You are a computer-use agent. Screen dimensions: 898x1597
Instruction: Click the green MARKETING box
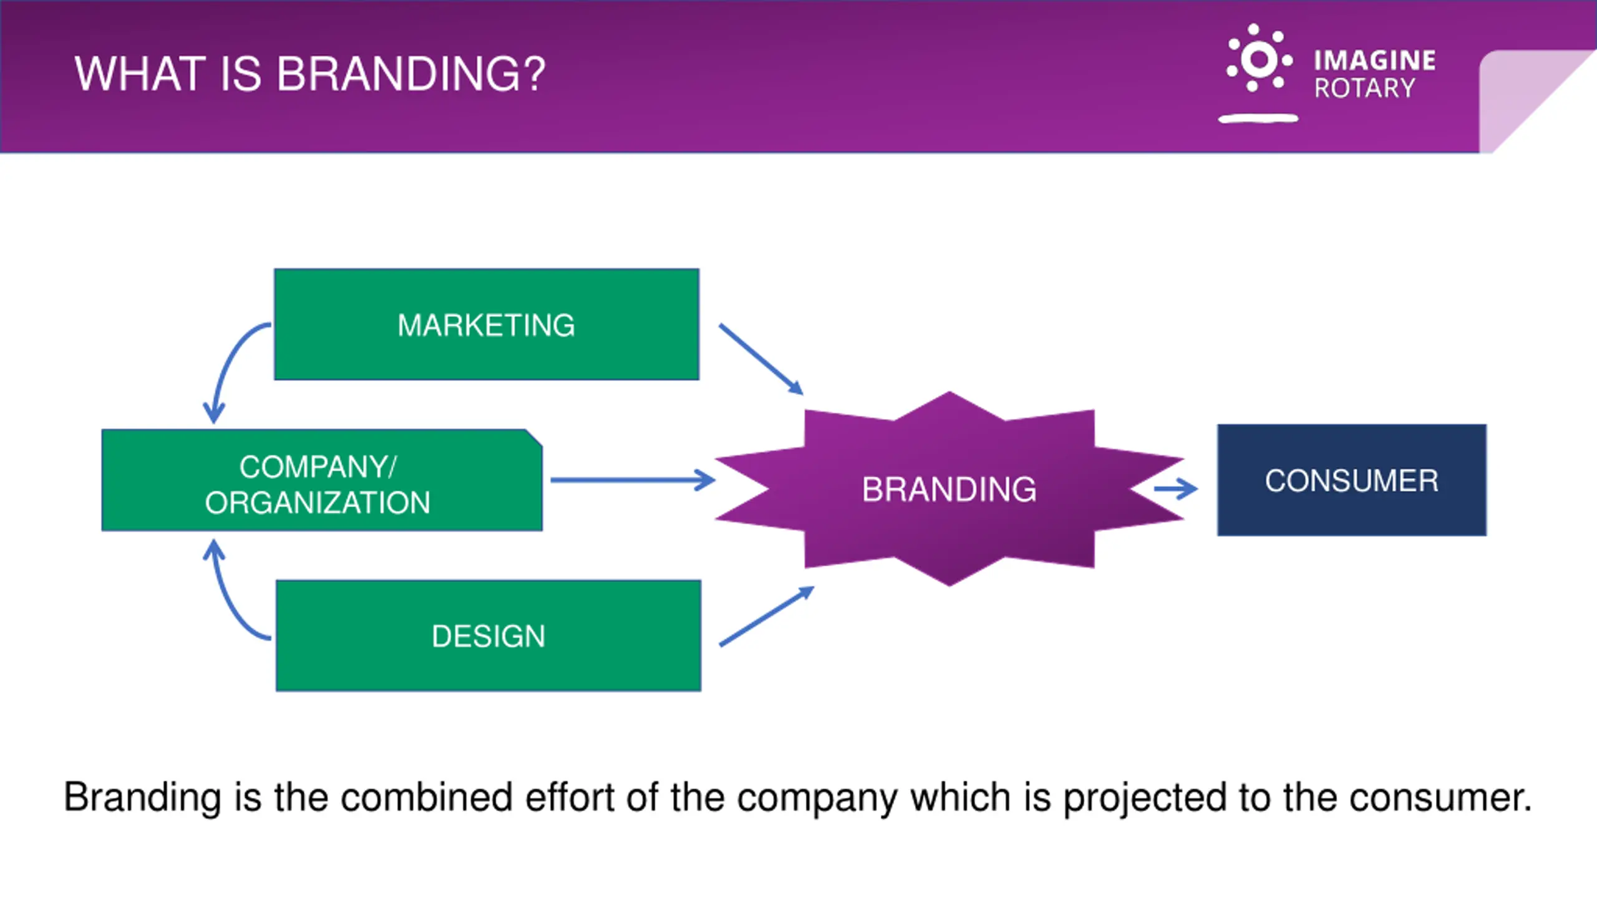pyautogui.click(x=487, y=324)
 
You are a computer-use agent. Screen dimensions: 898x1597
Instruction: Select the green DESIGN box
pyautogui.click(x=488, y=635)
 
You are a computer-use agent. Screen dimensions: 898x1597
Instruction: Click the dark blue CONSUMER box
pyautogui.click(x=1351, y=480)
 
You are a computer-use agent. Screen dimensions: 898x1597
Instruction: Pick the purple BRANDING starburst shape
pyautogui.click(x=949, y=489)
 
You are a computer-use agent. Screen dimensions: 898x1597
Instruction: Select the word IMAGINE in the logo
pyautogui.click(x=1374, y=60)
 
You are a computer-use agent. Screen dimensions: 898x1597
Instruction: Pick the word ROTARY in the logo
pyautogui.click(x=1364, y=89)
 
